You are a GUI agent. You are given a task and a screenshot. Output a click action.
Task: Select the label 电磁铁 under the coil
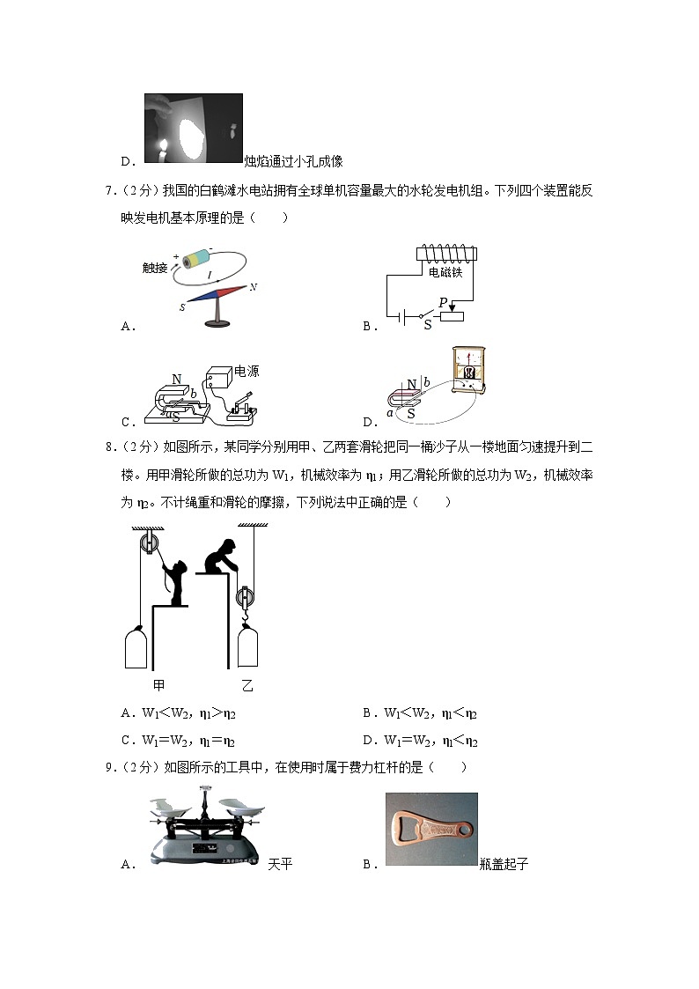pos(445,273)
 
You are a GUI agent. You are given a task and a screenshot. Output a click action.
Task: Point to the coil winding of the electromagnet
pos(445,253)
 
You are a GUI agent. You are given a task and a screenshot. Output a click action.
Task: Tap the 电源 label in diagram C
pos(246,371)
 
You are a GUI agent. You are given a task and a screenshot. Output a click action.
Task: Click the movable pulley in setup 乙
pos(246,599)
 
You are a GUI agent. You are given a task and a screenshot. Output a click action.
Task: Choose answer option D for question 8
pos(421,741)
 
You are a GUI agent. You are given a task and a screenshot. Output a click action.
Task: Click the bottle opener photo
pos(431,829)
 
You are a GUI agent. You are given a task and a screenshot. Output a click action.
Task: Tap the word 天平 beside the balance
pos(280,864)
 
